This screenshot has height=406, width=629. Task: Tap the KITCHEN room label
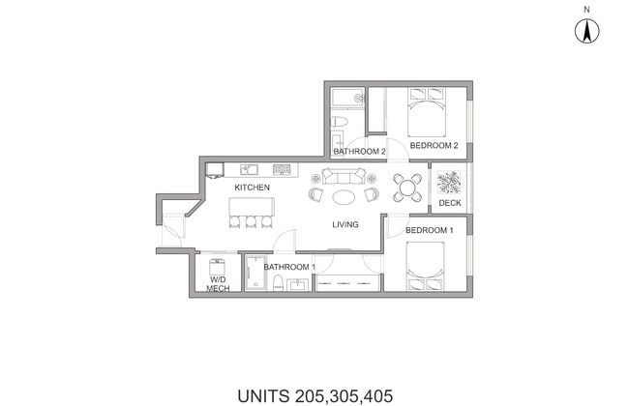225,187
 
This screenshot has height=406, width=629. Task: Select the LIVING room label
345,224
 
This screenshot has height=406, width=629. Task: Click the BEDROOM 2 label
434,145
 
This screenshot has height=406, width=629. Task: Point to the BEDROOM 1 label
429,230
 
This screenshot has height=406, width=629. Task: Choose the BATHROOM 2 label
359,152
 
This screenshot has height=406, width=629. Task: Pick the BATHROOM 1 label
289,267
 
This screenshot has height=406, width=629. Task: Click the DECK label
450,203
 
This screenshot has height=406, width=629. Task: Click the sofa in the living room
345,176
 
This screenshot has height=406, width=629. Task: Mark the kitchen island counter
252,207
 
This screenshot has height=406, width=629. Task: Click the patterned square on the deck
450,183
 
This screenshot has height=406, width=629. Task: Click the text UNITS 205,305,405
314,394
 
